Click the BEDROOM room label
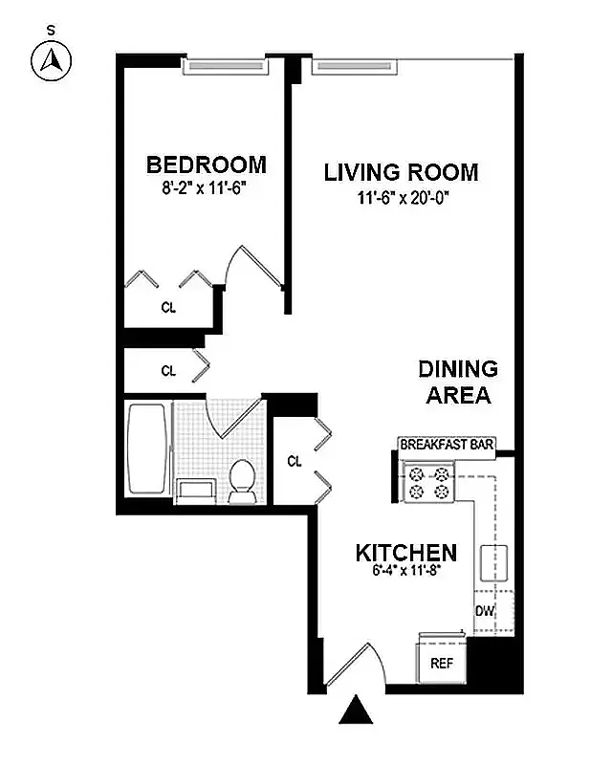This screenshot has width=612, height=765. tap(206, 164)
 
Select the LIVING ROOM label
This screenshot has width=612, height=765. tap(401, 173)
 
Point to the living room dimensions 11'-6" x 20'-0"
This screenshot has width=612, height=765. tap(401, 199)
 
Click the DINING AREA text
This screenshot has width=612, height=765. tap(458, 382)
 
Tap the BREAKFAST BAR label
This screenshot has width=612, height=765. tap(447, 445)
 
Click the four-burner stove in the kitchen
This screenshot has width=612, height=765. tap(428, 481)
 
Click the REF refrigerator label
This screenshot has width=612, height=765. tap(441, 662)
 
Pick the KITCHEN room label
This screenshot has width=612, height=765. tap(405, 553)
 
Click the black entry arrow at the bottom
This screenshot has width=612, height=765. tap(357, 711)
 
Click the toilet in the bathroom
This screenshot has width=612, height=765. tap(242, 480)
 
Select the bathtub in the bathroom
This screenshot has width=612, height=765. tap(147, 449)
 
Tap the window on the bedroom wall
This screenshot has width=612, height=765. tap(224, 67)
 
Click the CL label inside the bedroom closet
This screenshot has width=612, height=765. tap(167, 308)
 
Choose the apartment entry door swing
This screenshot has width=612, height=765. tap(352, 666)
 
